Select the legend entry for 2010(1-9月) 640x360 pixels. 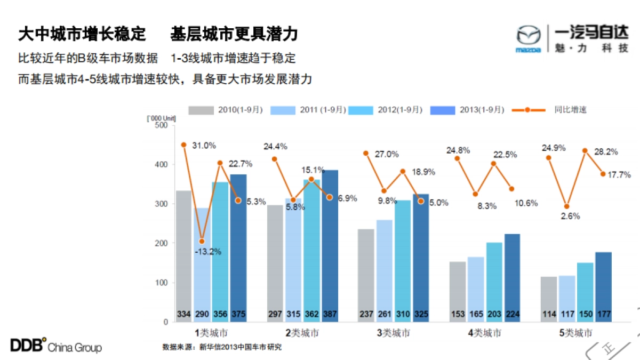226,110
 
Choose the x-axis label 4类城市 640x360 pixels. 484,333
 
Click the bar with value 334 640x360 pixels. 184,256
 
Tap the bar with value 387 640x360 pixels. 330,245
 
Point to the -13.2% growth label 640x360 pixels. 208,251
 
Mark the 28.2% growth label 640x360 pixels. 606,152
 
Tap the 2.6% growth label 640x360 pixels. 569,217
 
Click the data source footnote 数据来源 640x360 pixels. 221,347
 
